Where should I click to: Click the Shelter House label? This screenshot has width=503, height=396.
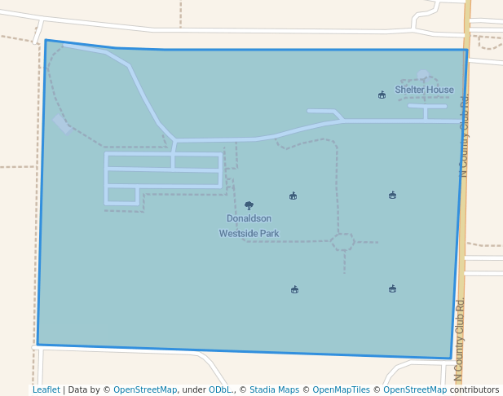[424, 90]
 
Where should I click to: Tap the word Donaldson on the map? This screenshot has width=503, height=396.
[249, 218]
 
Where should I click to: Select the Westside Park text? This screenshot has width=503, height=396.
[249, 233]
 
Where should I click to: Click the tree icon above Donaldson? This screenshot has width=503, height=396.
[249, 205]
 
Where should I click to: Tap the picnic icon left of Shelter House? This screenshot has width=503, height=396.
[382, 95]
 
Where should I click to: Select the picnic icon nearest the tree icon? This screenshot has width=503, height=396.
[293, 196]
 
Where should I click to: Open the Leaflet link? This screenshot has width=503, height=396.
[46, 389]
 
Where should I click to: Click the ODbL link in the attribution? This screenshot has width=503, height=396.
[219, 389]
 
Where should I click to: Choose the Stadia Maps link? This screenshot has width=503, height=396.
[274, 389]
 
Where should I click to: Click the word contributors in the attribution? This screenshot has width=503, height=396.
[474, 389]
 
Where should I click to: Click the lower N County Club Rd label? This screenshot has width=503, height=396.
[458, 341]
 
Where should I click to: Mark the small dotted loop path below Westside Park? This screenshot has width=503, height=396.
[342, 242]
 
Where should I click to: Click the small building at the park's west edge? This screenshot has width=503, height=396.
[61, 123]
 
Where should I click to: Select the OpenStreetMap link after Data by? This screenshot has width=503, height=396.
[145, 389]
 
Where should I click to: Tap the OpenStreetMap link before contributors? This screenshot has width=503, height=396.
[415, 389]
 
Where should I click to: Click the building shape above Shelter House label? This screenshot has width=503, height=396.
[422, 75]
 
